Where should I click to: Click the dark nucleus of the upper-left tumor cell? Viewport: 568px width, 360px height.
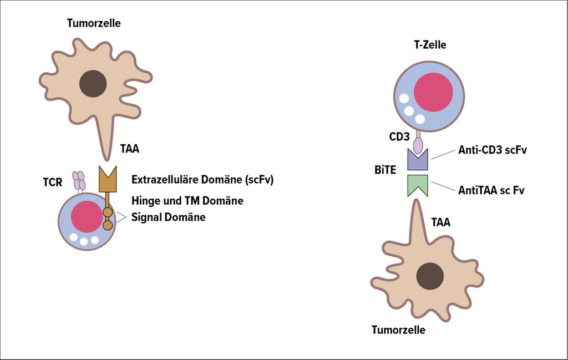[x=93, y=83]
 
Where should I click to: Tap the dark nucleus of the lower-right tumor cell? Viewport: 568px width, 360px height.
[x=430, y=276]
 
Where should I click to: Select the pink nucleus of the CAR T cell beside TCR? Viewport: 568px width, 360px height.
[x=87, y=216]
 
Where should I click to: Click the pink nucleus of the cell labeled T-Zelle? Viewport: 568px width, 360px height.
[x=433, y=92]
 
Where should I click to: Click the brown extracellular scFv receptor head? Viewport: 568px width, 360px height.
[x=108, y=179]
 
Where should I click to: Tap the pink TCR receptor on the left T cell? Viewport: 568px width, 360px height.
[x=79, y=181]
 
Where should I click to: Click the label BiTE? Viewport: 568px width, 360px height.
[x=385, y=170]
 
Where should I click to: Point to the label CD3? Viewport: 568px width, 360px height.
[x=399, y=136]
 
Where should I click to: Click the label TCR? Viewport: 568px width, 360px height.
[x=53, y=182]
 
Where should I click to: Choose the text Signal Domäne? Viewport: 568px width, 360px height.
[x=169, y=217]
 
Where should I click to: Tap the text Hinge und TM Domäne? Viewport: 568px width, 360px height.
[x=187, y=201]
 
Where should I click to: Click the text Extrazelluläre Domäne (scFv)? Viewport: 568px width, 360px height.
[x=202, y=180]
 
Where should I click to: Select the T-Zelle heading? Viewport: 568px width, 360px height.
[x=430, y=45]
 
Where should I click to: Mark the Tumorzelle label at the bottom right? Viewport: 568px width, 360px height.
[x=398, y=330]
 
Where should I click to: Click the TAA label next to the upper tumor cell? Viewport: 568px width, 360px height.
[x=130, y=149]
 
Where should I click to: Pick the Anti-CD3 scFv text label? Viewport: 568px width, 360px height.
[x=493, y=150]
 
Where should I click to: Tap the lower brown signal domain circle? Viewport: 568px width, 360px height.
[x=108, y=225]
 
